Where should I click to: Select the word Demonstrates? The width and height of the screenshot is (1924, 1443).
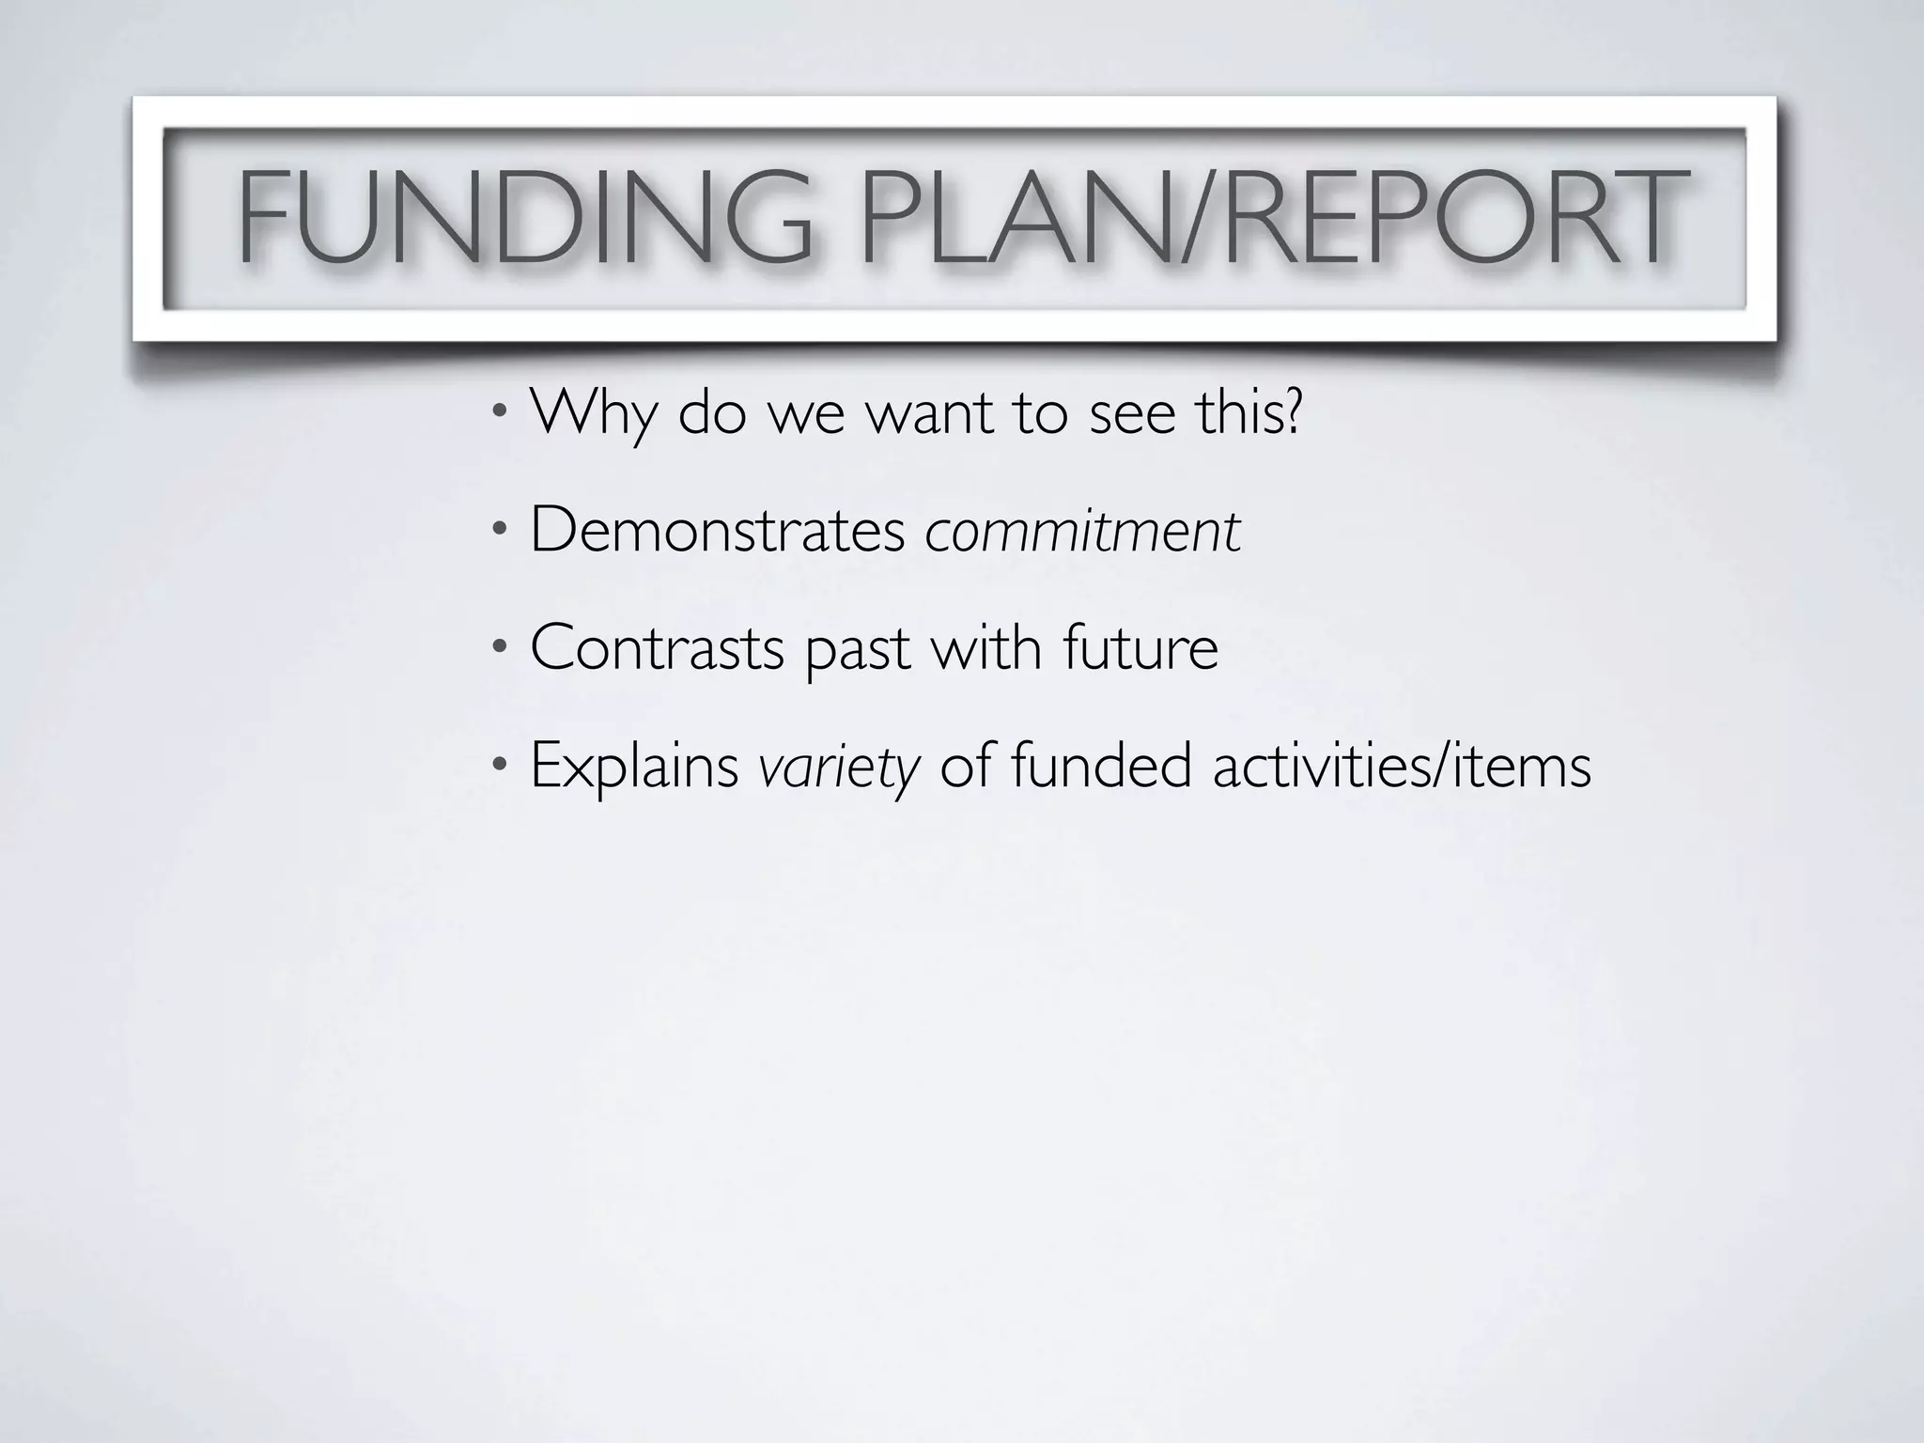[x=717, y=530]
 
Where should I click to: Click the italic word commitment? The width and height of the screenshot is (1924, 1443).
[x=1082, y=532]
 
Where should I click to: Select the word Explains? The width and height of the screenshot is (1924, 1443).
[x=634, y=767]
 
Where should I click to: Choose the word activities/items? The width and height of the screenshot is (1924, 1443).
[x=1402, y=765]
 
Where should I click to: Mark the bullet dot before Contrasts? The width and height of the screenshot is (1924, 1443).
[x=500, y=647]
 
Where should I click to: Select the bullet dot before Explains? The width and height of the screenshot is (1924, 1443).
[x=500, y=765]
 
